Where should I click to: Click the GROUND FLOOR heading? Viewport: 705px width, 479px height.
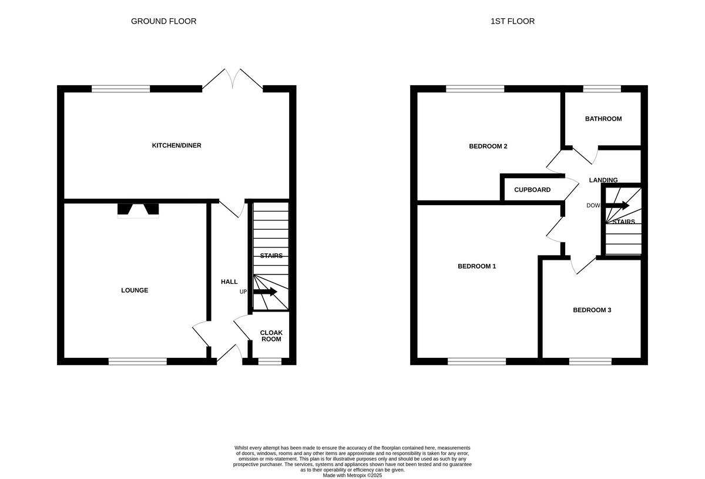tap(163, 21)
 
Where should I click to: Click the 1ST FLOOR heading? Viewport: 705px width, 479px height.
tap(512, 21)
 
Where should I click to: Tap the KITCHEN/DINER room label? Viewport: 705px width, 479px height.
tap(177, 145)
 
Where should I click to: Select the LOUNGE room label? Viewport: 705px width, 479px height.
tap(135, 290)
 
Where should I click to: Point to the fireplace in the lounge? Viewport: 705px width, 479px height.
tap(138, 210)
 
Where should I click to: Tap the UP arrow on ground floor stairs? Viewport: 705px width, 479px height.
tap(265, 292)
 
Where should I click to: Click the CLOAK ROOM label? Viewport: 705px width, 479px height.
tap(271, 336)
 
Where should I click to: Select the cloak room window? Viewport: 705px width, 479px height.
tap(270, 361)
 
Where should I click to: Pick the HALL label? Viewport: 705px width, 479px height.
tap(229, 282)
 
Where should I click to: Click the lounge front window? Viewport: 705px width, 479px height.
tap(137, 361)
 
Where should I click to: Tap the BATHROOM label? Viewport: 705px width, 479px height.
tap(603, 119)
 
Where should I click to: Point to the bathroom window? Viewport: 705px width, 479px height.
tap(602, 89)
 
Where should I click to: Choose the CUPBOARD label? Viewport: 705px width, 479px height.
tap(532, 190)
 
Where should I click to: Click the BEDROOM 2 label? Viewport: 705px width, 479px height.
tap(488, 146)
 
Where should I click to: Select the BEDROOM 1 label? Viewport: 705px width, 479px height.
tap(476, 266)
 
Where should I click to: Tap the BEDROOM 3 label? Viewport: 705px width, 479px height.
tap(592, 310)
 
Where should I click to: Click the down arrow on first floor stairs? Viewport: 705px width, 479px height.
tap(617, 206)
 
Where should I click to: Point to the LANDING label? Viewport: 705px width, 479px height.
tap(603, 180)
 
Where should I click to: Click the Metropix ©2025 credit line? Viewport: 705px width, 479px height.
tap(352, 475)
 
